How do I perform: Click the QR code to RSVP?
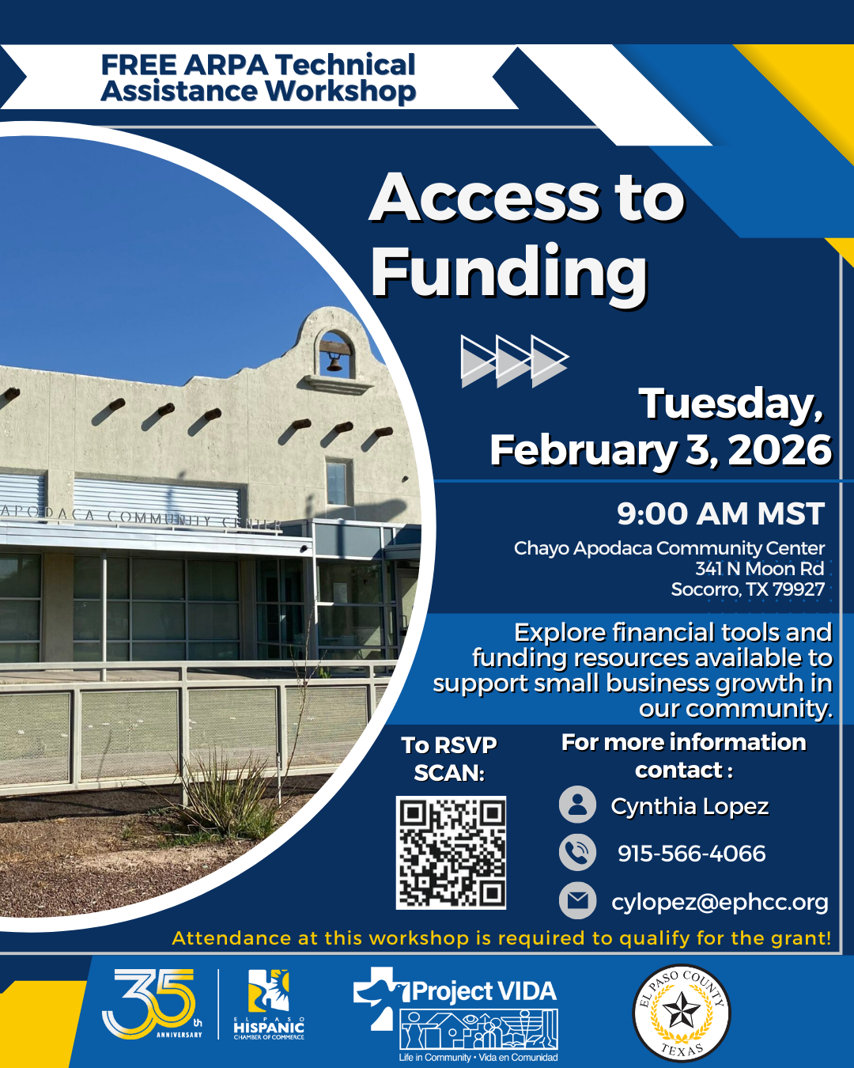(451, 852)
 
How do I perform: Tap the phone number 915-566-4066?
(691, 854)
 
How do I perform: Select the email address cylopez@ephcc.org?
(720, 902)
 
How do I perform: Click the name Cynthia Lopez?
(690, 807)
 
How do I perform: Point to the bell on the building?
(334, 363)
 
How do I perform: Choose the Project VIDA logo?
(455, 1013)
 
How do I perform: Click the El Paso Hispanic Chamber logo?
(269, 1005)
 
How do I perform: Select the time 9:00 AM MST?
(720, 513)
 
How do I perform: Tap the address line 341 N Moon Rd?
(759, 569)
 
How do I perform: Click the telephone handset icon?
(577, 853)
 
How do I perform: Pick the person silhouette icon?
(577, 805)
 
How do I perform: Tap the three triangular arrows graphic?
(515, 361)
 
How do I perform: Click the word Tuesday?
(730, 404)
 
